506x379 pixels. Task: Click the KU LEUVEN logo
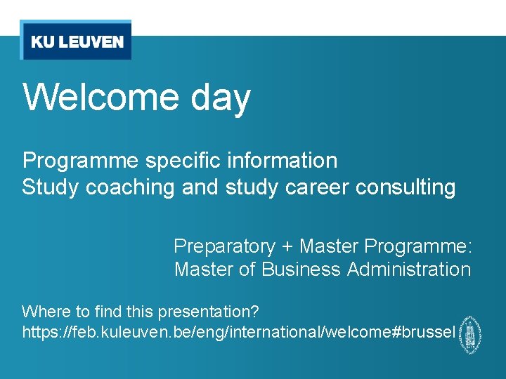76,41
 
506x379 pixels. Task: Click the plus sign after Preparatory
287,247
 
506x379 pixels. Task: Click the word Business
302,270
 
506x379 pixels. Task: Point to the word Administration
409,270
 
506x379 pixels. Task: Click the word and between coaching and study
200,188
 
